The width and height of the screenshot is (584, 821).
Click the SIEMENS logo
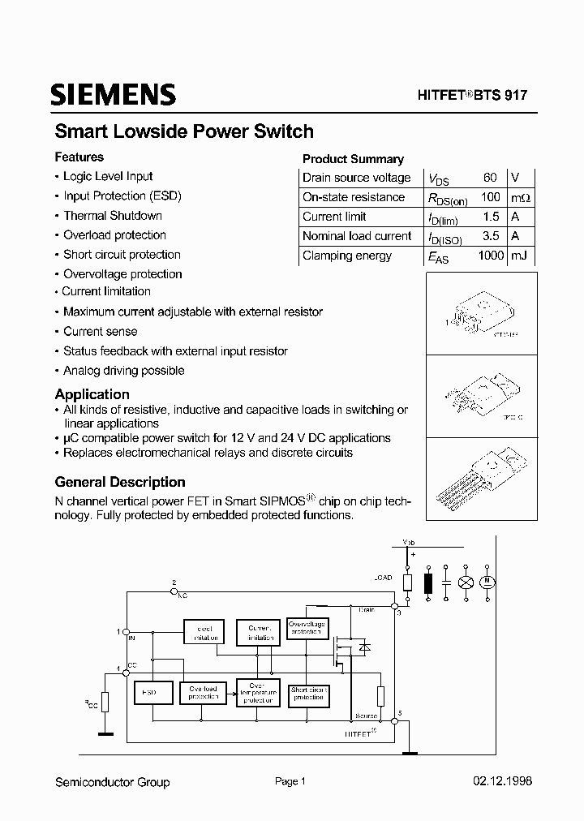point(114,95)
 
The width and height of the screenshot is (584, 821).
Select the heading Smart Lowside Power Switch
point(184,131)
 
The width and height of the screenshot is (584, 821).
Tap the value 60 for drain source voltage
point(490,178)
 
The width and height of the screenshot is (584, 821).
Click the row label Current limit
point(334,217)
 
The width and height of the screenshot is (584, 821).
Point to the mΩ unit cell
point(520,197)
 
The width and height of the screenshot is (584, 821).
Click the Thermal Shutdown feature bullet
point(113,216)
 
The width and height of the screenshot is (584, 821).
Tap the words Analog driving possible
point(124,371)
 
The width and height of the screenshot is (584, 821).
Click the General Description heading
point(120,482)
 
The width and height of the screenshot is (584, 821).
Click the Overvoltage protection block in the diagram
point(307,629)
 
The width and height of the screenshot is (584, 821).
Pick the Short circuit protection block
point(308,694)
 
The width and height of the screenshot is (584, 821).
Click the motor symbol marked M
point(488,582)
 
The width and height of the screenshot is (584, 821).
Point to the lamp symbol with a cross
point(466,582)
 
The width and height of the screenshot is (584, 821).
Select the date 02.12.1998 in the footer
point(502,782)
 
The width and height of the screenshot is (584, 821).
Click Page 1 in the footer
point(290,782)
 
